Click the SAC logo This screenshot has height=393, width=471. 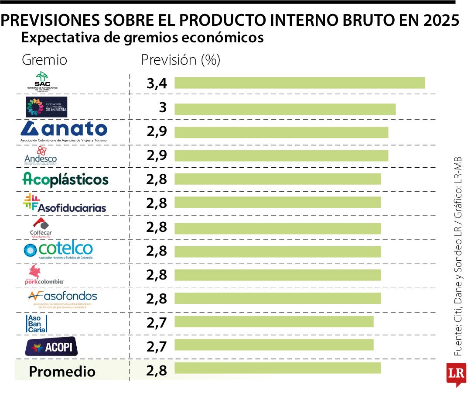[x=42, y=82]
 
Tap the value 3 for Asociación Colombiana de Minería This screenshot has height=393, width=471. [x=163, y=107]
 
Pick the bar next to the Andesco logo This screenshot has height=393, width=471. [x=281, y=156]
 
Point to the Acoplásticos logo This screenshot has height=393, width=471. [x=65, y=179]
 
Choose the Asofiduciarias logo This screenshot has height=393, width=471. [x=64, y=204]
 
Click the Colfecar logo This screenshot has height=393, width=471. [x=41, y=227]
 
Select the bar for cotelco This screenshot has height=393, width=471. [x=277, y=252]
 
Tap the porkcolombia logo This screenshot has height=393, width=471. [x=44, y=275]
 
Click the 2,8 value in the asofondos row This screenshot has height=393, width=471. [x=157, y=299]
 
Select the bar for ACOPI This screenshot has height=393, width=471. [x=274, y=345]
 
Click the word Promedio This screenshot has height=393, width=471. [x=62, y=372]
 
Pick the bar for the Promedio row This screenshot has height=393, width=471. [x=277, y=368]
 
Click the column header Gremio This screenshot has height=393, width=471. [x=44, y=60]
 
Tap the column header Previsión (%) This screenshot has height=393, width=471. [x=181, y=60]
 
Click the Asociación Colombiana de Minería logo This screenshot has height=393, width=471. [x=47, y=107]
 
